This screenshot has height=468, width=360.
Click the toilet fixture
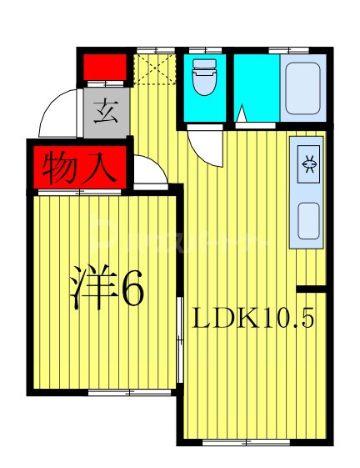pyautogui.click(x=202, y=81)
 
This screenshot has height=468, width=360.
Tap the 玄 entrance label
pyautogui.click(x=106, y=111)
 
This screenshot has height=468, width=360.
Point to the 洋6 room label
pyautogui.click(x=106, y=289)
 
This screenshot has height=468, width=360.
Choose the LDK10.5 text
pyautogui.click(x=253, y=318)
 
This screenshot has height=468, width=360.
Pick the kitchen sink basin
pyautogui.click(x=307, y=219)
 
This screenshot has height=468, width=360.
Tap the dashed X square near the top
pyautogui.click(x=154, y=69)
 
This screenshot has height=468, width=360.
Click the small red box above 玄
pyautogui.click(x=106, y=66)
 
